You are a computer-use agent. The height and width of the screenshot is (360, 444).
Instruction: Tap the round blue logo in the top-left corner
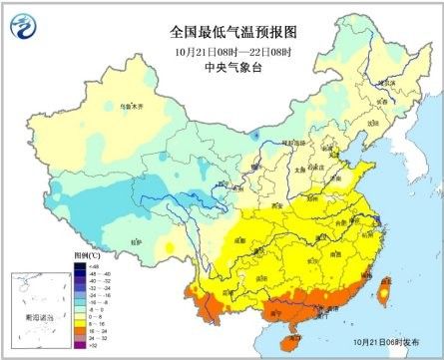tap(23, 24)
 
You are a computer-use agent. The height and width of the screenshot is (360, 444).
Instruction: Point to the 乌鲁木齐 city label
tap(96, 104)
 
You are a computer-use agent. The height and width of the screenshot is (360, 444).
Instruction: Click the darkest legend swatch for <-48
tap(80, 266)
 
